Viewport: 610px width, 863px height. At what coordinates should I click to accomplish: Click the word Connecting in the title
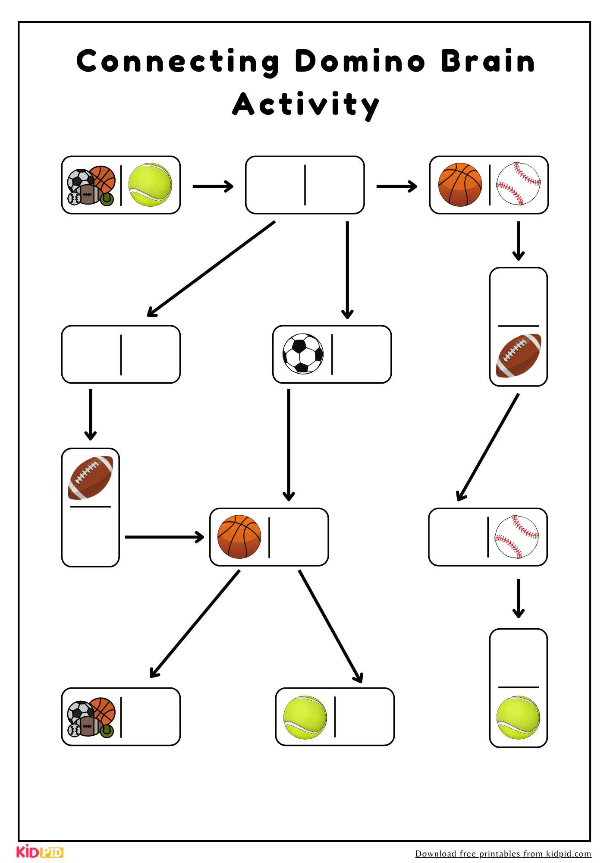[178, 62]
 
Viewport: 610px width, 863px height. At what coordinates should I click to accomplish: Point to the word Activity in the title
[305, 105]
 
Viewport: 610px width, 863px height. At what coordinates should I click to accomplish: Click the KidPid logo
[40, 852]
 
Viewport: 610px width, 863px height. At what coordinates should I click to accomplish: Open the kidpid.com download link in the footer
[503, 854]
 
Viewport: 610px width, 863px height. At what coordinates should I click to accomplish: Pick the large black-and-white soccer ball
[303, 353]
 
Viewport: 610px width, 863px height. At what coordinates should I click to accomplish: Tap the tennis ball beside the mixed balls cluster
[150, 185]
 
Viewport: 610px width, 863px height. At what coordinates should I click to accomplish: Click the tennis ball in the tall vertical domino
[518, 717]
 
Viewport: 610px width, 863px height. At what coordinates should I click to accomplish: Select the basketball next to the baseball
[460, 185]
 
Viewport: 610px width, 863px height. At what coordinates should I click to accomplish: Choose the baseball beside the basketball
[518, 183]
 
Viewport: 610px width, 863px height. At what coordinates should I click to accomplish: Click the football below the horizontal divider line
[518, 356]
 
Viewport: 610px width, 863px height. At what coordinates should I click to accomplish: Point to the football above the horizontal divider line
[91, 478]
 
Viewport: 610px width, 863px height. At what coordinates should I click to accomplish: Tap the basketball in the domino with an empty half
[239, 537]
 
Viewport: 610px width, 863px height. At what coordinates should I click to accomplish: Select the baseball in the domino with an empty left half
[517, 537]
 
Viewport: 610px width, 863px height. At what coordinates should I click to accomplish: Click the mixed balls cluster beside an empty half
[91, 717]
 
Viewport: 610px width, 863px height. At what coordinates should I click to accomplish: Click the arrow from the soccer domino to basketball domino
[289, 444]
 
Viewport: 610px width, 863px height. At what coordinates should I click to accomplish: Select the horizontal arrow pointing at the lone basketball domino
[164, 537]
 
